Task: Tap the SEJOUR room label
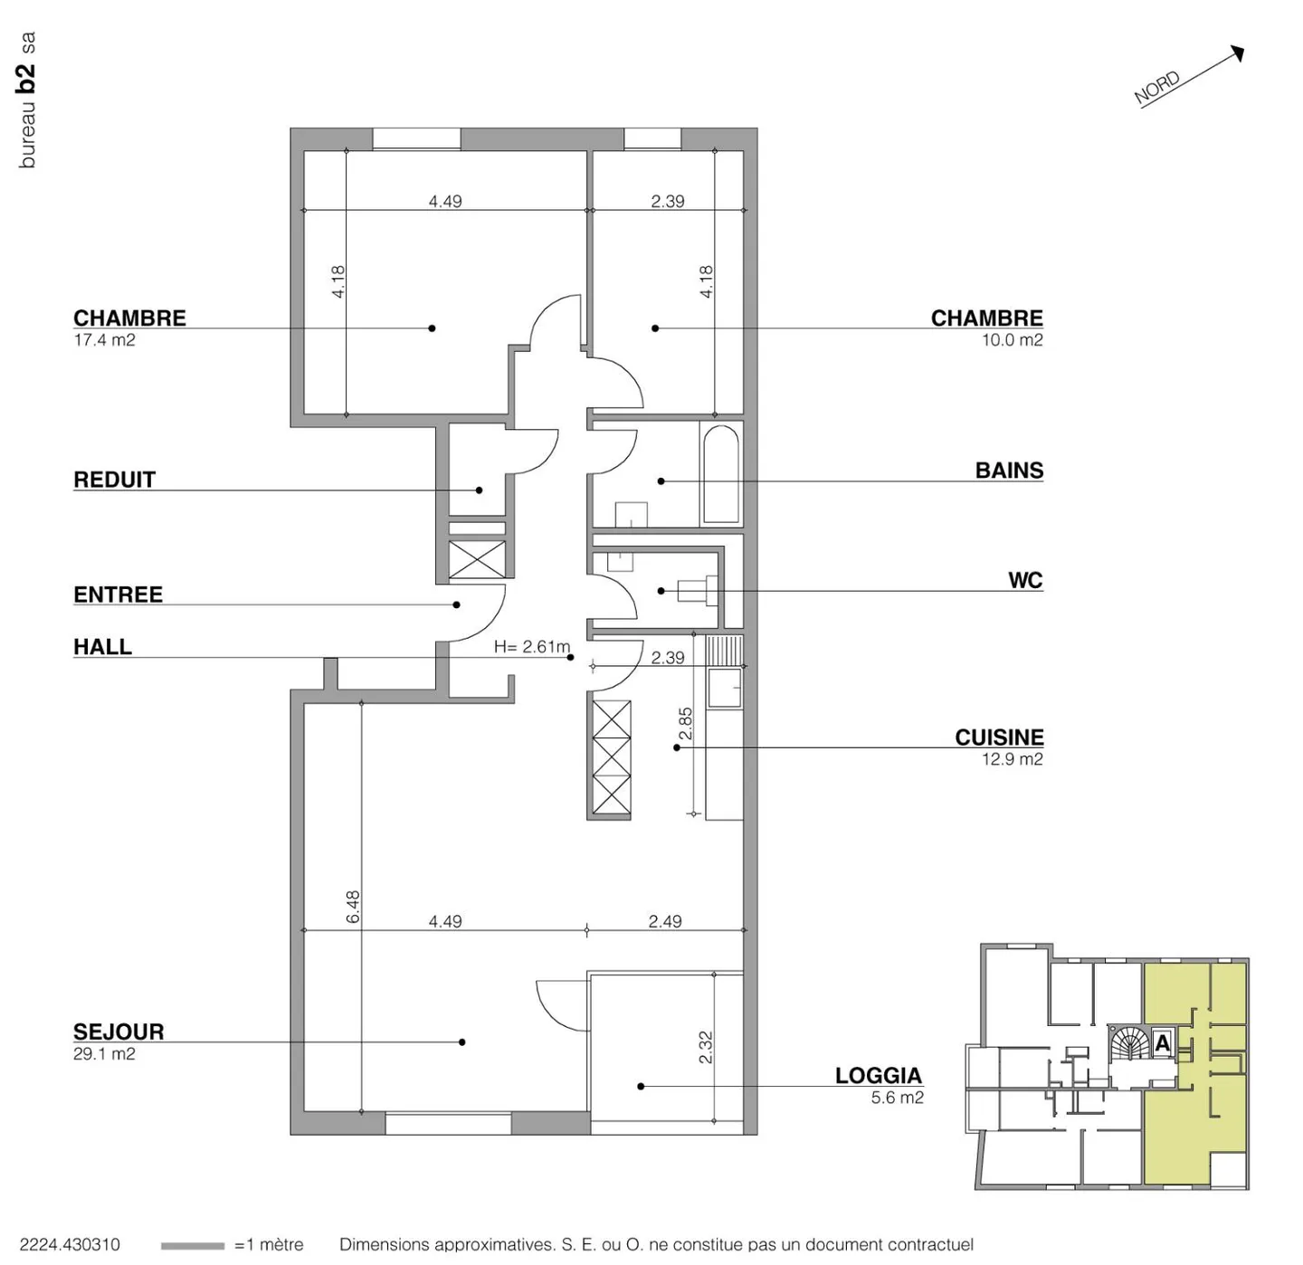119,1032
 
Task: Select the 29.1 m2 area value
104,1054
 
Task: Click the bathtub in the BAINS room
720,474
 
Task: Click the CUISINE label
999,737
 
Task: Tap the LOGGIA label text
878,1076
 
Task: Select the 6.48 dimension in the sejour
353,907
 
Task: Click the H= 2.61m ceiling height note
532,647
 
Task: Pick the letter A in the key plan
1163,1043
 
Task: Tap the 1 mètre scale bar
192,1246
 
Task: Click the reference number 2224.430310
70,1245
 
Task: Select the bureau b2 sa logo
27,100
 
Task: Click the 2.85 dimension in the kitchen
686,723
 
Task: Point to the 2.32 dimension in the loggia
706,1047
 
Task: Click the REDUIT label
114,480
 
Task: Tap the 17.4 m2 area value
104,340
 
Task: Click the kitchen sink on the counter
724,688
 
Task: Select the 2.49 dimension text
665,921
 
